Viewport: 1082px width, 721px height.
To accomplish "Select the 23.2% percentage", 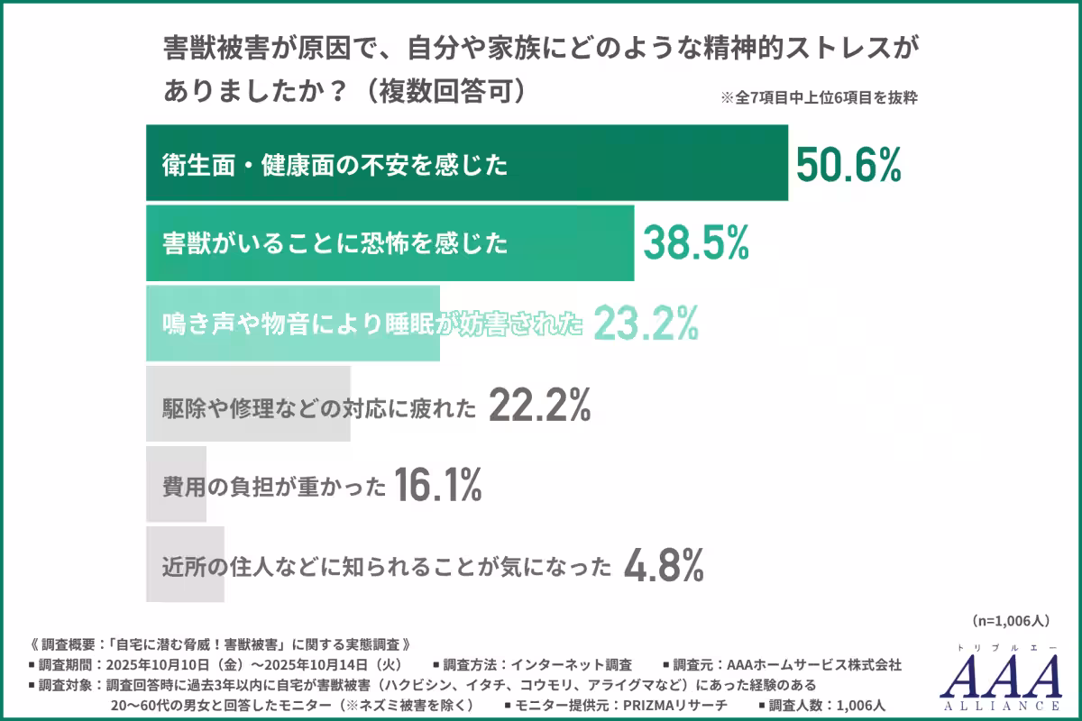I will click(646, 323).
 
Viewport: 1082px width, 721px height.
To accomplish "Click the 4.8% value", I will click(664, 566).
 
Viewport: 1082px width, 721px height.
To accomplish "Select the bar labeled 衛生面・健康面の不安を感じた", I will click(467, 163).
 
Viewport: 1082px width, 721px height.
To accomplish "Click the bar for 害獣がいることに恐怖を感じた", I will click(390, 242).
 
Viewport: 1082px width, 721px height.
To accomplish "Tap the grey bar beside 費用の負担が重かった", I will click(177, 485).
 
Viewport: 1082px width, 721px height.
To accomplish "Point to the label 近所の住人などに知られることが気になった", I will click(388, 567).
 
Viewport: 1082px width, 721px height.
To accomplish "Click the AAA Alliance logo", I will click(1000, 676).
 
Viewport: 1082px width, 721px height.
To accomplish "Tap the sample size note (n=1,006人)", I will click(1011, 620).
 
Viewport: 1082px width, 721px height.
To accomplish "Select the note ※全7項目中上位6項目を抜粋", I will click(819, 99).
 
